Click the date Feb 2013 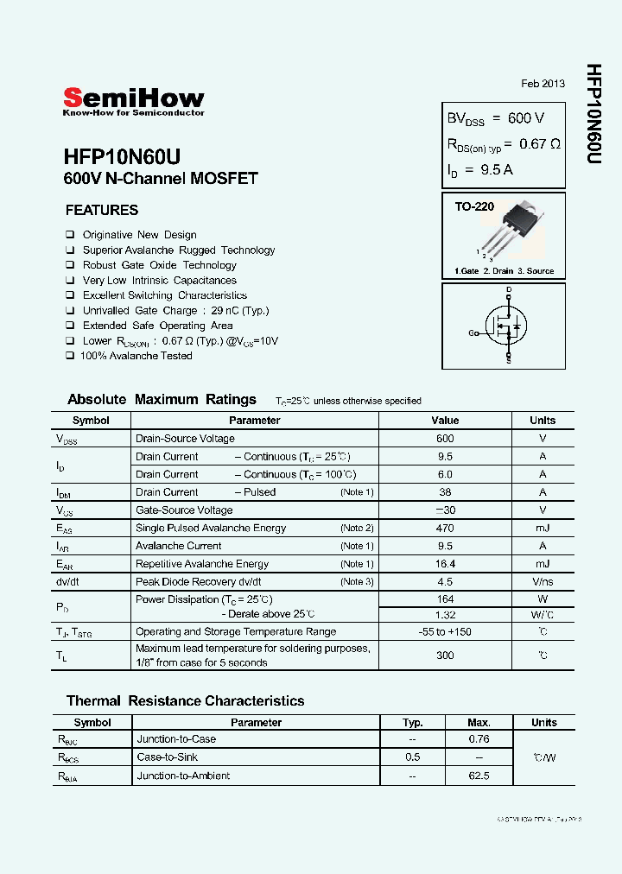click(543, 84)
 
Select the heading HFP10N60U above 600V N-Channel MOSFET click(122, 156)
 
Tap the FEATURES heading click(102, 210)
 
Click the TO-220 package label click(474, 207)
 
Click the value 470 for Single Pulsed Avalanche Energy click(445, 528)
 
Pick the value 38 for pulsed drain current click(445, 492)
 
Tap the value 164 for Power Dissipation click(445, 599)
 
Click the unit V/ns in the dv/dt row click(543, 581)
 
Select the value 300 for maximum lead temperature click(445, 655)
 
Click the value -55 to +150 click(445, 631)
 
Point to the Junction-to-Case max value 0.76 click(479, 739)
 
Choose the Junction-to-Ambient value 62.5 click(479, 776)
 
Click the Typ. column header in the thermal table click(413, 722)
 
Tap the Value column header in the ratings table click(445, 421)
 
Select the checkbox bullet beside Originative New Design click(70, 235)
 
